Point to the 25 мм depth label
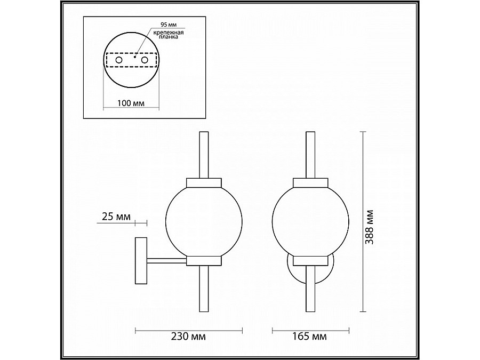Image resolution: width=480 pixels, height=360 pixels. (115, 217)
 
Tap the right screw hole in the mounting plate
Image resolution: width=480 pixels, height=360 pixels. (144, 61)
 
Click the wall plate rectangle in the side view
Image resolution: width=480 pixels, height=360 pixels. (141, 260)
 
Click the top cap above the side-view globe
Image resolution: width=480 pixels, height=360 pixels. (204, 182)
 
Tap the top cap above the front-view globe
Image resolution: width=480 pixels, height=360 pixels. (310, 182)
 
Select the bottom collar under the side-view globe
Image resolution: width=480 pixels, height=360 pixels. (204, 260)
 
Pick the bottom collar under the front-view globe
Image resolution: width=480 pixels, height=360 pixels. (310, 260)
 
